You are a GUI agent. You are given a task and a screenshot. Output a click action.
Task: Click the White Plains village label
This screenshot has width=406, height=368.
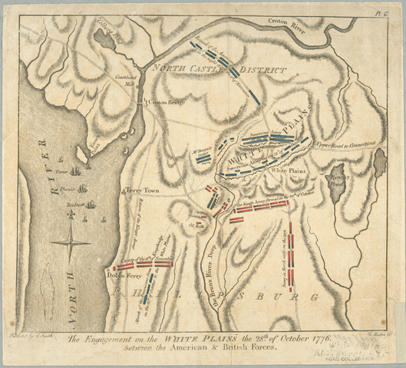(290, 171)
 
